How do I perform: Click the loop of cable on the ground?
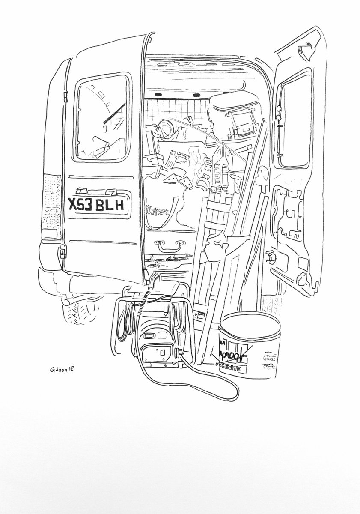214,385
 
